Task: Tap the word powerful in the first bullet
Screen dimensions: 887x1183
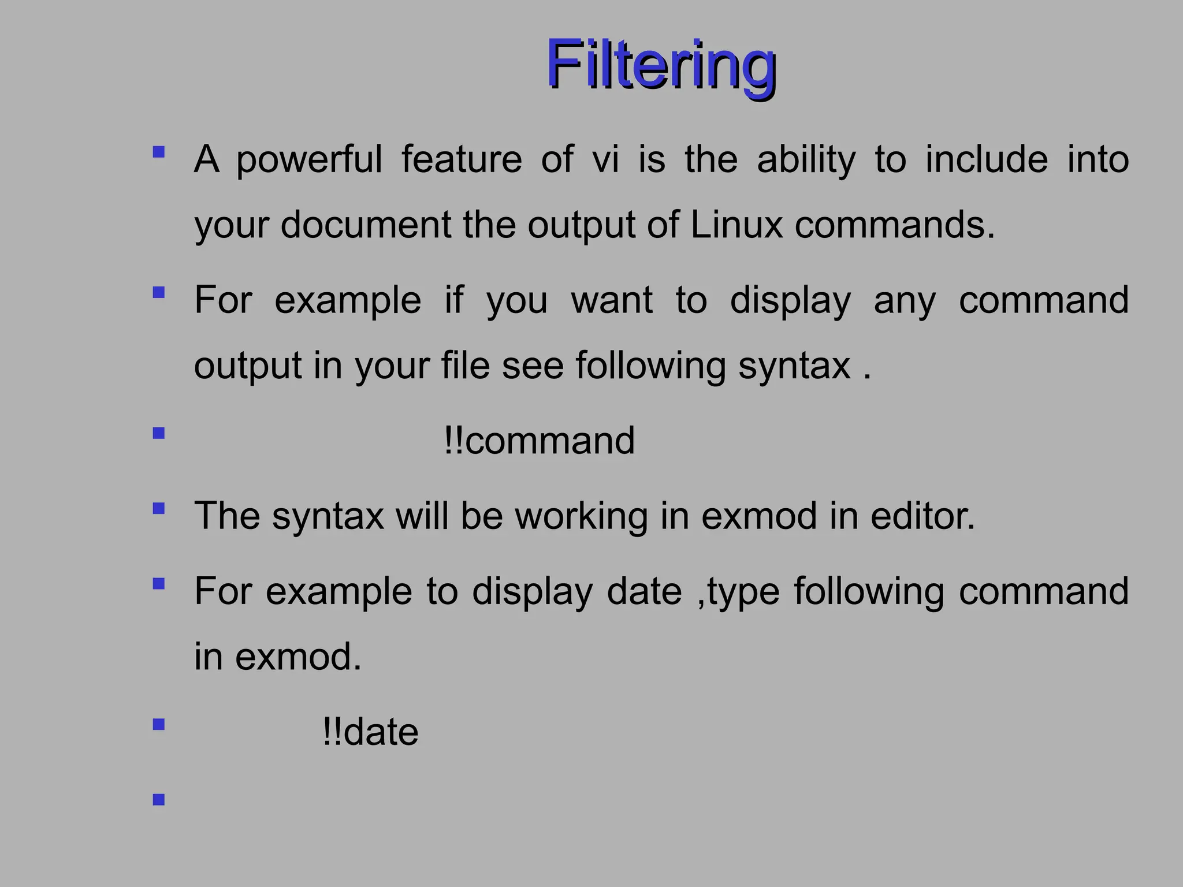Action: (309, 159)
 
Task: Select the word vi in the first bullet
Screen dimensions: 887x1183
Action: (605, 159)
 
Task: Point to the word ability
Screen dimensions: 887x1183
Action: (806, 161)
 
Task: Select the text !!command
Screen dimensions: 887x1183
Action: (540, 441)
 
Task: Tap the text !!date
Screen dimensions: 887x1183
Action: (370, 732)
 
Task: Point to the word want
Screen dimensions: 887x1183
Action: (612, 300)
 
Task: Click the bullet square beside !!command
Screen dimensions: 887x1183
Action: (159, 433)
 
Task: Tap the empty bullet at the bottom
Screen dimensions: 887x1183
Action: (159, 800)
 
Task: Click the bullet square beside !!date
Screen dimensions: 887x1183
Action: (159, 725)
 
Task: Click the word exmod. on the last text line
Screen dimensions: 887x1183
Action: (297, 657)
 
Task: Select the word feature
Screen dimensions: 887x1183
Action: (462, 159)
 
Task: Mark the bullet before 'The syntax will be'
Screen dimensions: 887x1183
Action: (159, 508)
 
